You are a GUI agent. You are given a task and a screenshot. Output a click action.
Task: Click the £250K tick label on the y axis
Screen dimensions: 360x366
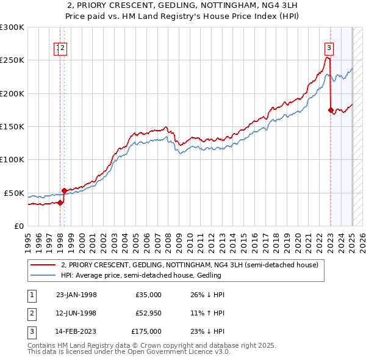(x=12, y=60)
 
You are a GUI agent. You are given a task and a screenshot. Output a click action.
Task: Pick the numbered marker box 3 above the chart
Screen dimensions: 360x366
(x=329, y=48)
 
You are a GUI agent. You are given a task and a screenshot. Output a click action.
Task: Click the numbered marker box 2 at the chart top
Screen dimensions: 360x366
(x=63, y=48)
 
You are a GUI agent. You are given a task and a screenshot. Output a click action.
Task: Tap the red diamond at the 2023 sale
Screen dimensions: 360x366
(x=331, y=110)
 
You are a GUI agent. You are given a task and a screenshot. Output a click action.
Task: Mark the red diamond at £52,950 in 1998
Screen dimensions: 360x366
(x=64, y=191)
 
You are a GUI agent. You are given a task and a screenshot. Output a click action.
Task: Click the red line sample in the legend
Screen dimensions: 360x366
(x=43, y=265)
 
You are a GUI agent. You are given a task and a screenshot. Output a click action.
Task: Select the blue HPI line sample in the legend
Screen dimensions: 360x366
(x=43, y=276)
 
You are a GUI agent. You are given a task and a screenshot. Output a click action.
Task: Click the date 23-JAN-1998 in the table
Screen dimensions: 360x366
(x=76, y=295)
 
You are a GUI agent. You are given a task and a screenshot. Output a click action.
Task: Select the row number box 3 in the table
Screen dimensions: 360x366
(x=31, y=331)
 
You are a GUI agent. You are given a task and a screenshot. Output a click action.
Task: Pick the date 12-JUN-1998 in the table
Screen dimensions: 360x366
(x=76, y=313)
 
